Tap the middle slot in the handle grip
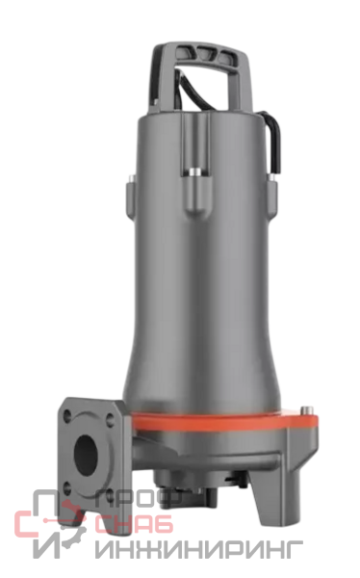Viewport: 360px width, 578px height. coord(203,54)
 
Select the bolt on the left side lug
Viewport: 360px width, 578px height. coord(132,179)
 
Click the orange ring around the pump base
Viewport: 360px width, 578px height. coord(225,423)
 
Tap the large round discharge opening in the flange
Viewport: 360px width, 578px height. coord(88,455)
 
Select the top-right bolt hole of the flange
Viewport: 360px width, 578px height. coord(111,420)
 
